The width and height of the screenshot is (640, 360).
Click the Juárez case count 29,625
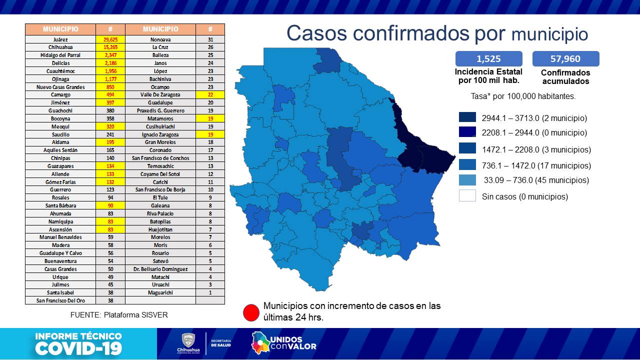tap(110, 39)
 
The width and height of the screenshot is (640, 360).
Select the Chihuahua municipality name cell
tap(60, 47)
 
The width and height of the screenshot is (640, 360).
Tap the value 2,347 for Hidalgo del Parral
tap(110, 55)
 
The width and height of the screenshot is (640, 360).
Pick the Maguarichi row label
tap(160, 292)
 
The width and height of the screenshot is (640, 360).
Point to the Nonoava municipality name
tap(160, 39)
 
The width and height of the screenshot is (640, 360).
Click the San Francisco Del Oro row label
tap(60, 300)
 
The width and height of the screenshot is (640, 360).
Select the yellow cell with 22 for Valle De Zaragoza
tap(210, 94)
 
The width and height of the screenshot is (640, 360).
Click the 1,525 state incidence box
tap(488, 58)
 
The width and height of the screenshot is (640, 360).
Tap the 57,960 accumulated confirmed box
tap(565, 58)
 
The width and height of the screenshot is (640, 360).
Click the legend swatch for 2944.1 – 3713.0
tap(467, 117)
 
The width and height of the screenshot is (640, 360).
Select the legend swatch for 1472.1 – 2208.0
tap(467, 149)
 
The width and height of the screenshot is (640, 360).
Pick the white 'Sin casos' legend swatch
tap(467, 196)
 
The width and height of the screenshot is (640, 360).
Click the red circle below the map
tap(251, 312)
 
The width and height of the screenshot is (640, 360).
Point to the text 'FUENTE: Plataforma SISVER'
tap(119, 315)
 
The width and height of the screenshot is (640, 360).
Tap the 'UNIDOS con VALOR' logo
tap(284, 343)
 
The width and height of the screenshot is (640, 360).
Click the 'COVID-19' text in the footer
tap(78, 348)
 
